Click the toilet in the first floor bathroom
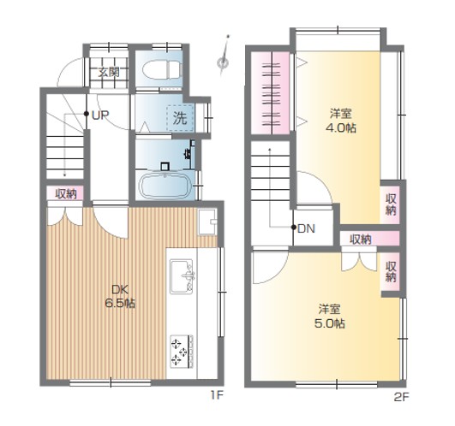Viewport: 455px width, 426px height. click(x=161, y=69)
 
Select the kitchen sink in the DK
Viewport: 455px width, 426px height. click(x=182, y=276)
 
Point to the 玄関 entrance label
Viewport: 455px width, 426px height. click(x=109, y=72)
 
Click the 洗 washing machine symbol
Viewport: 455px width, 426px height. click(x=180, y=118)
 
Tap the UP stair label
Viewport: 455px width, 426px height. click(x=100, y=115)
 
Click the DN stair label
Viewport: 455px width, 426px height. click(x=307, y=228)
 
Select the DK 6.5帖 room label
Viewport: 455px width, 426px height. click(x=120, y=296)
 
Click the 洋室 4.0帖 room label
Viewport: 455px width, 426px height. click(x=341, y=121)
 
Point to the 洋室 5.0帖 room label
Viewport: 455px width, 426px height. click(x=330, y=317)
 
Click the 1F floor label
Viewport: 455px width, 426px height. click(x=217, y=394)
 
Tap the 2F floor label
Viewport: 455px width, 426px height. click(x=401, y=397)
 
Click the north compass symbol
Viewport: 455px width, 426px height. click(x=225, y=56)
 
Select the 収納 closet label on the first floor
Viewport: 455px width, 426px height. click(x=66, y=193)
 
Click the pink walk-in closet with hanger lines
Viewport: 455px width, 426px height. click(x=270, y=93)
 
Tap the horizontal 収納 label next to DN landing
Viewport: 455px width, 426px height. click(x=361, y=240)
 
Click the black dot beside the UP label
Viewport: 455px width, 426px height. click(x=87, y=114)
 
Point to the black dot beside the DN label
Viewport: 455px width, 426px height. click(x=294, y=228)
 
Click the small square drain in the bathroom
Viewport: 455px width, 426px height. click(x=165, y=167)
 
